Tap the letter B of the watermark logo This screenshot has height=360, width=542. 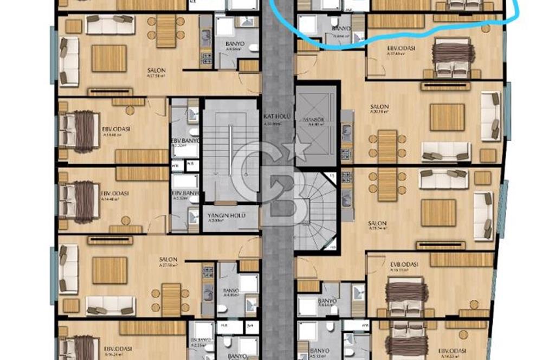(x=282, y=196)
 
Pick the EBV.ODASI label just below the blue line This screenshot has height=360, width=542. (x=401, y=48)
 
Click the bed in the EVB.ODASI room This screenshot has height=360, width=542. (x=406, y=295)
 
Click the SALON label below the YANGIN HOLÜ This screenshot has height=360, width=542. (x=168, y=259)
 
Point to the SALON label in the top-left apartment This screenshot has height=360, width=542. (x=156, y=70)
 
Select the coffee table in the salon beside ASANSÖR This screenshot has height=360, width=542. (x=447, y=117)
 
